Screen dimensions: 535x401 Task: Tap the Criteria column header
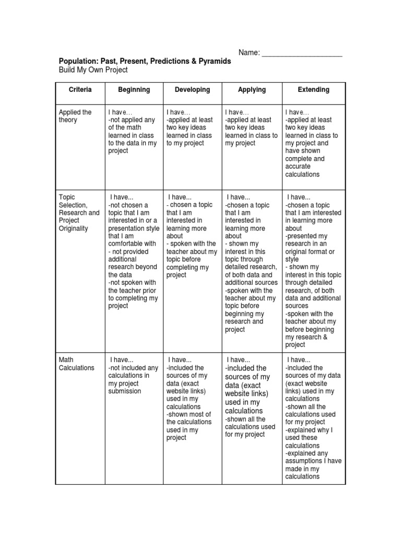[80, 90]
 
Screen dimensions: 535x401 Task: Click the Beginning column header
[134, 90]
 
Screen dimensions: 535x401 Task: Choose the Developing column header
[193, 90]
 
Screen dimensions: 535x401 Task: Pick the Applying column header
[252, 90]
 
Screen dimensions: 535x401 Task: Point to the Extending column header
[313, 90]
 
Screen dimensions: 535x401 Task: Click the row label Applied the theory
[75, 116]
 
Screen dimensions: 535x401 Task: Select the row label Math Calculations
[77, 364]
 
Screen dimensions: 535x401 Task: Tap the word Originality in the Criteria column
[74, 228]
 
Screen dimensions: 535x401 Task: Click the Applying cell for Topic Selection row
[251, 263]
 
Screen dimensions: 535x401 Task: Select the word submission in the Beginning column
[124, 391]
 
